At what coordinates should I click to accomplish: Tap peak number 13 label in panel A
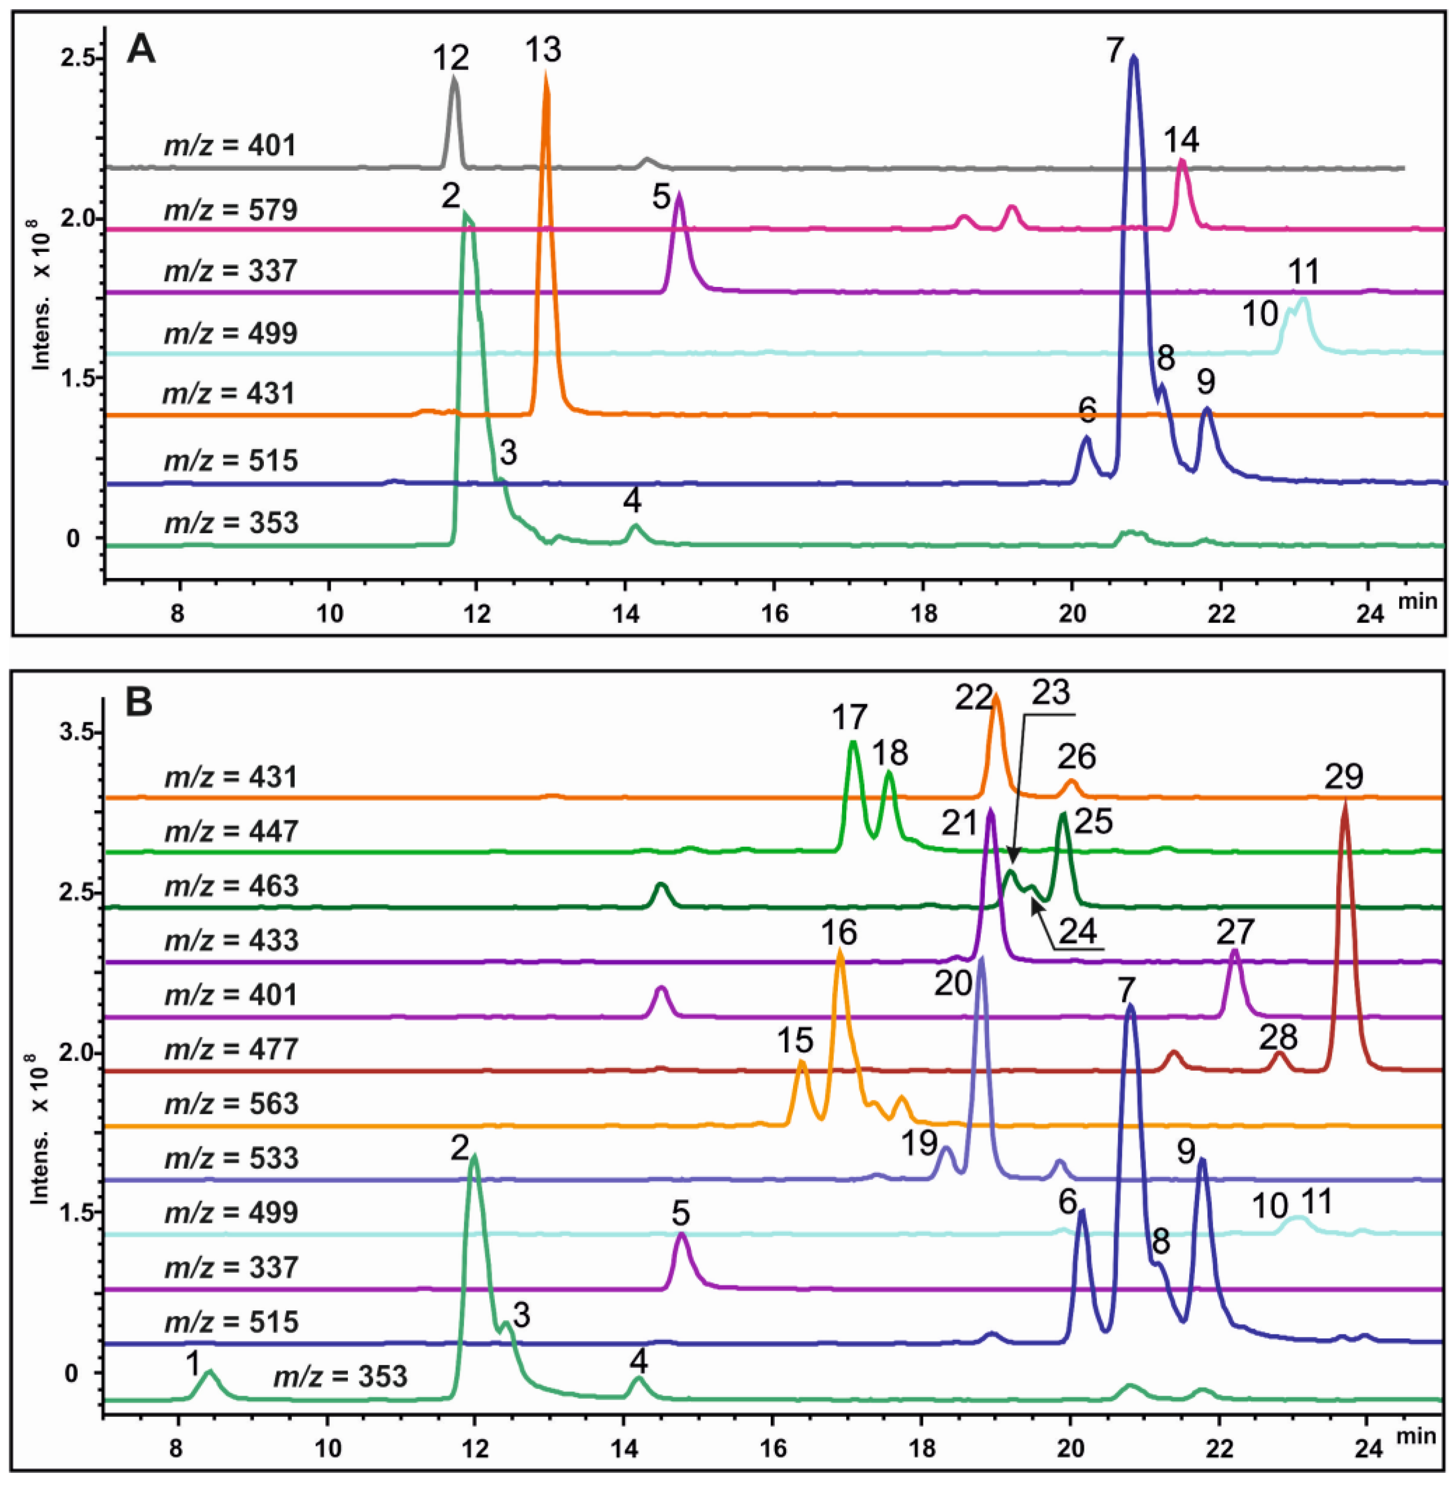[x=543, y=50]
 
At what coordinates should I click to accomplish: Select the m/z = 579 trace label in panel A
[x=230, y=209]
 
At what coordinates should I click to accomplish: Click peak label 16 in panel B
[x=840, y=933]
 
